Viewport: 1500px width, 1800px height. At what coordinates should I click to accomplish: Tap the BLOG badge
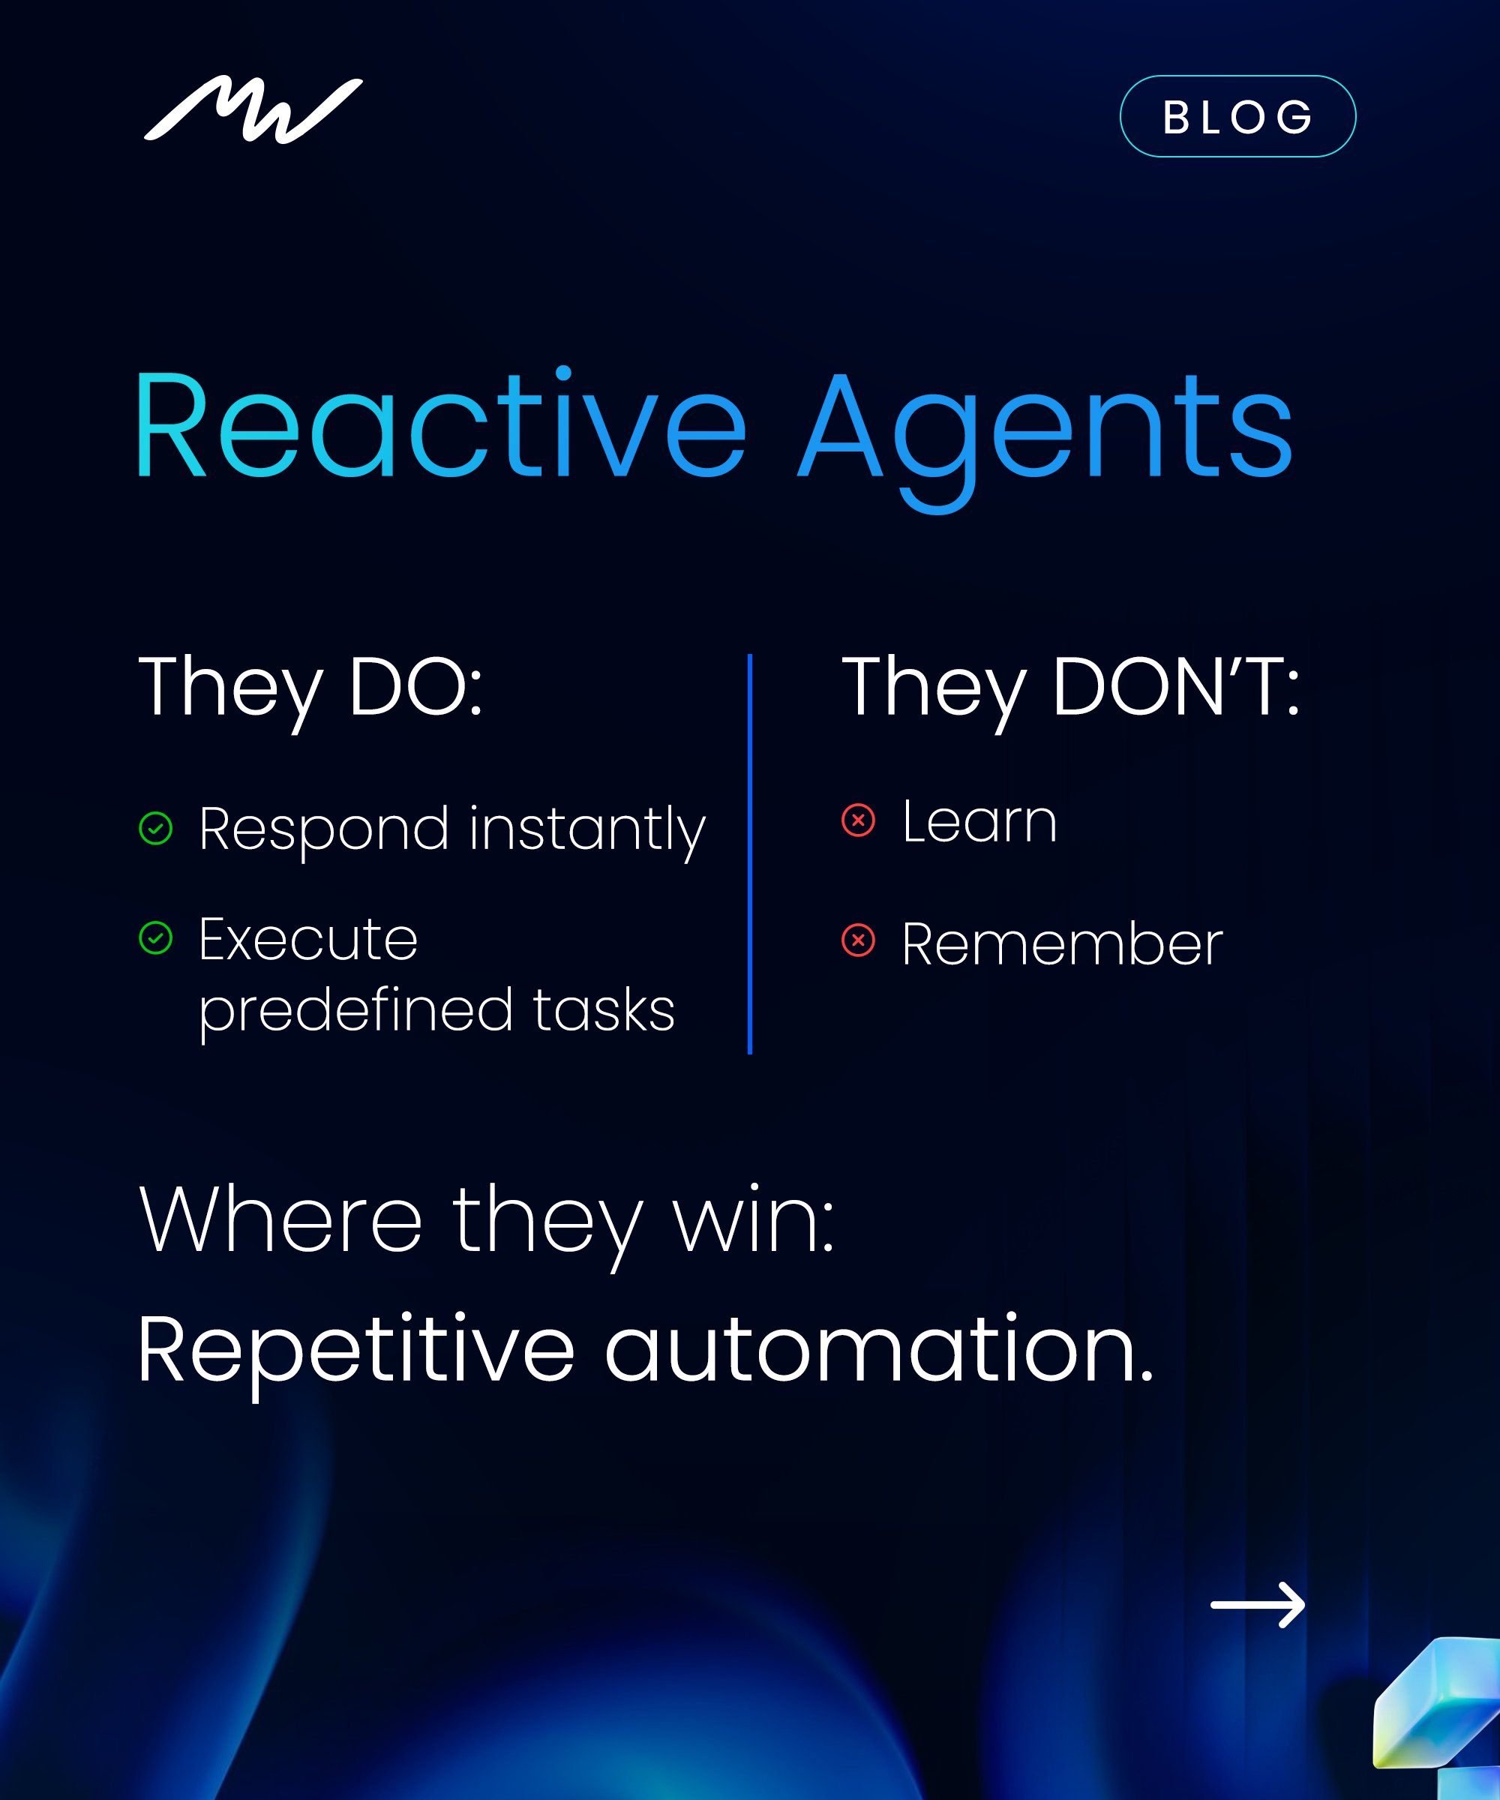pyautogui.click(x=1237, y=116)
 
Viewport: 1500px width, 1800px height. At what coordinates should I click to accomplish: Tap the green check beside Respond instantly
pyautogui.click(x=156, y=828)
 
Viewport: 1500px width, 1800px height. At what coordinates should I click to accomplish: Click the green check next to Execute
pyautogui.click(x=156, y=937)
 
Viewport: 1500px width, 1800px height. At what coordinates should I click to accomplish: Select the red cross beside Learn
pyautogui.click(x=858, y=820)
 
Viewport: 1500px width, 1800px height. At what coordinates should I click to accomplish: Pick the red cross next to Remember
pyautogui.click(x=858, y=940)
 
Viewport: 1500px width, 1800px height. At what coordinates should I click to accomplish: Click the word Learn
pyautogui.click(x=979, y=821)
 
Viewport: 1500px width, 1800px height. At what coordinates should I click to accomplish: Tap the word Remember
pyautogui.click(x=1063, y=943)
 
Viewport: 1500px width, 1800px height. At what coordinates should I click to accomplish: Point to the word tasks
pyautogui.click(x=604, y=1009)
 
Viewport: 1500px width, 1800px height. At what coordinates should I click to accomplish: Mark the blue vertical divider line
pyautogui.click(x=750, y=853)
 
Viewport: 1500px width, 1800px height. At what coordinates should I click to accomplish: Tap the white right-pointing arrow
pyautogui.click(x=1258, y=1604)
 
